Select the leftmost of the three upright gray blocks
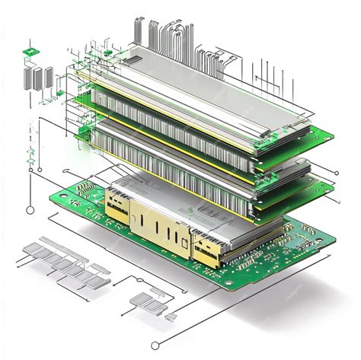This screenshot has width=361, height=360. coord(30,79)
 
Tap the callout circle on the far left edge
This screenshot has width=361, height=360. coord(30,209)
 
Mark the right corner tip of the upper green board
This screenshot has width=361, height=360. coord(332,137)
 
